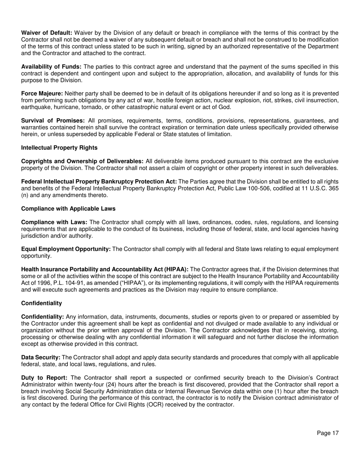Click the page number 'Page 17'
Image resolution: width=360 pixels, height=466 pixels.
pyautogui.click(x=327, y=433)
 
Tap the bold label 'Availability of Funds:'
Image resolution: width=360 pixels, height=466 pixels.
pyautogui.click(x=51, y=67)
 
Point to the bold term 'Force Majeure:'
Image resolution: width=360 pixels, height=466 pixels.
pyautogui.click(x=42, y=94)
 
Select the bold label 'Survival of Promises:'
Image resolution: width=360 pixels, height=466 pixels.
pyautogui.click(x=53, y=121)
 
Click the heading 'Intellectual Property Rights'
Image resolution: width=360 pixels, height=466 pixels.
pyautogui.click(x=59, y=148)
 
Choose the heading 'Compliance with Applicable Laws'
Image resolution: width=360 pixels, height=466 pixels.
pyautogui.click(x=68, y=209)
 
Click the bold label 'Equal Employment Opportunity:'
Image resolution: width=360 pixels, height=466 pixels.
pyautogui.click(x=66, y=249)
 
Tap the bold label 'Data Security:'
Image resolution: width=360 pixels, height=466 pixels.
pyautogui.click(x=41, y=357)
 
